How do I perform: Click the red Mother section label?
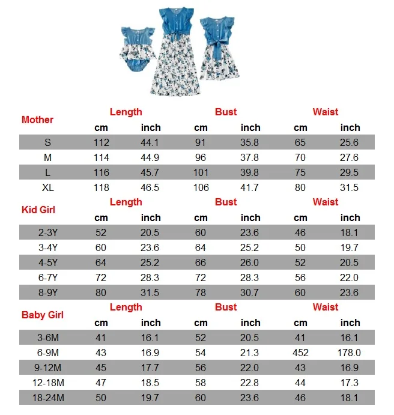pyautogui.click(x=37, y=120)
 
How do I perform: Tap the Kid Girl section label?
pyautogui.click(x=38, y=210)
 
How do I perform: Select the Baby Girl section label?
pyautogui.click(x=42, y=315)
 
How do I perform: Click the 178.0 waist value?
pyautogui.click(x=350, y=353)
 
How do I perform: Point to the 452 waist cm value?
pyautogui.click(x=300, y=353)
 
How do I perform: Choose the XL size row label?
pyautogui.click(x=48, y=187)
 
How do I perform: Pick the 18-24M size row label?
pyautogui.click(x=48, y=398)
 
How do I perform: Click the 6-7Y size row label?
pyautogui.click(x=48, y=277)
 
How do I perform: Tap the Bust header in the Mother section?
pyautogui.click(x=226, y=112)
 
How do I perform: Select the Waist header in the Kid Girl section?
pyautogui.click(x=326, y=202)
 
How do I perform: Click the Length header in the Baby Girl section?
pyautogui.click(x=126, y=307)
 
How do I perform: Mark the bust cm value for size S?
pyautogui.click(x=201, y=142)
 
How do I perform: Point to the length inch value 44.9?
pyautogui.click(x=150, y=157)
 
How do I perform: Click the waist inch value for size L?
pyautogui.click(x=350, y=172)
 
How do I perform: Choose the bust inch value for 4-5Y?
pyautogui.click(x=250, y=262)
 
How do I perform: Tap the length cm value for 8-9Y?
pyautogui.click(x=101, y=292)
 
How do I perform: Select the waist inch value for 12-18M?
pyautogui.click(x=350, y=383)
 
